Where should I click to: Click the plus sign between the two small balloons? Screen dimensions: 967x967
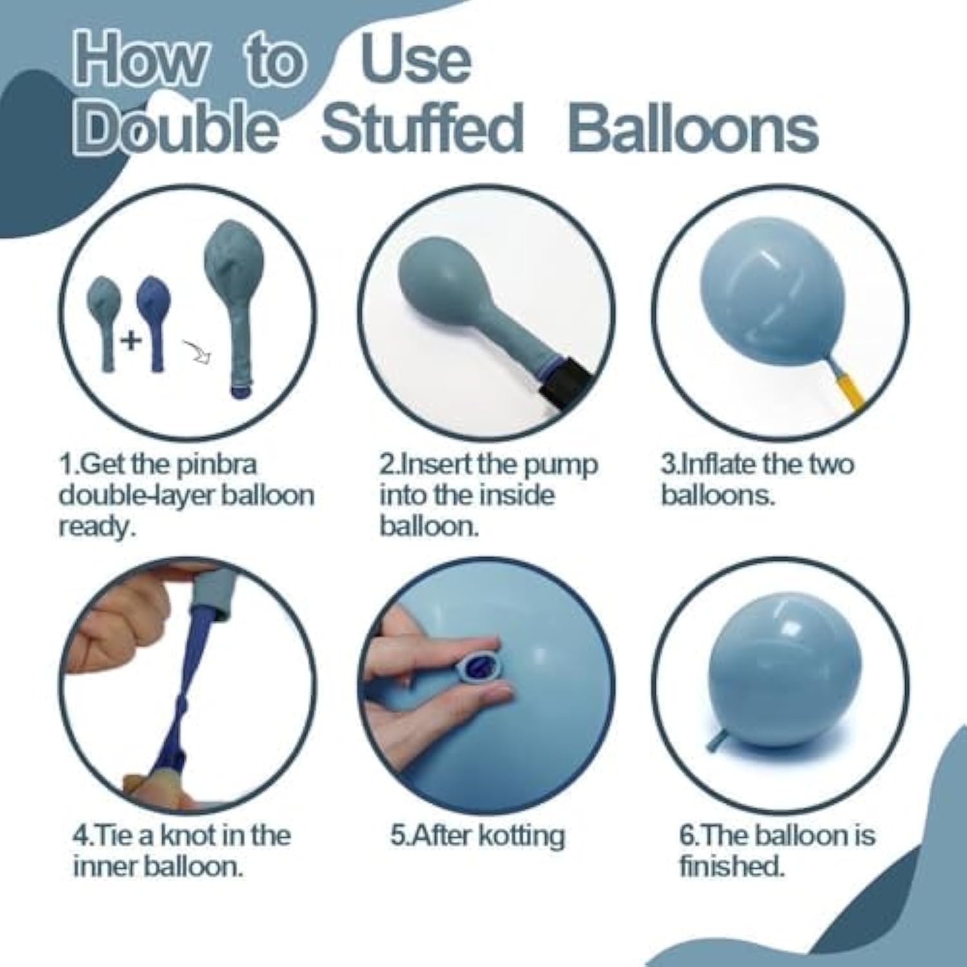(x=132, y=340)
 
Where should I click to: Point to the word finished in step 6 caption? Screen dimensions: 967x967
(x=731, y=866)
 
